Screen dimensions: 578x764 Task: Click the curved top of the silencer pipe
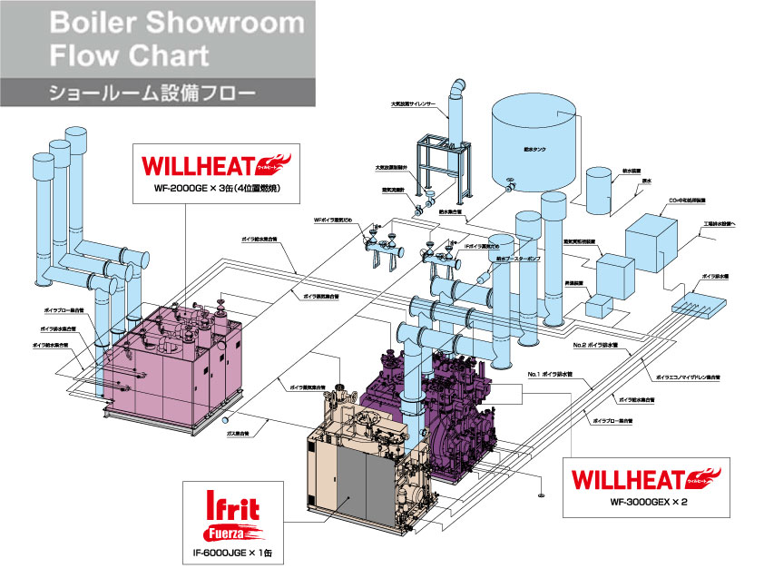click(457, 86)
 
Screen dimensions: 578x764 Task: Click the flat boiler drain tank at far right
click(699, 294)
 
